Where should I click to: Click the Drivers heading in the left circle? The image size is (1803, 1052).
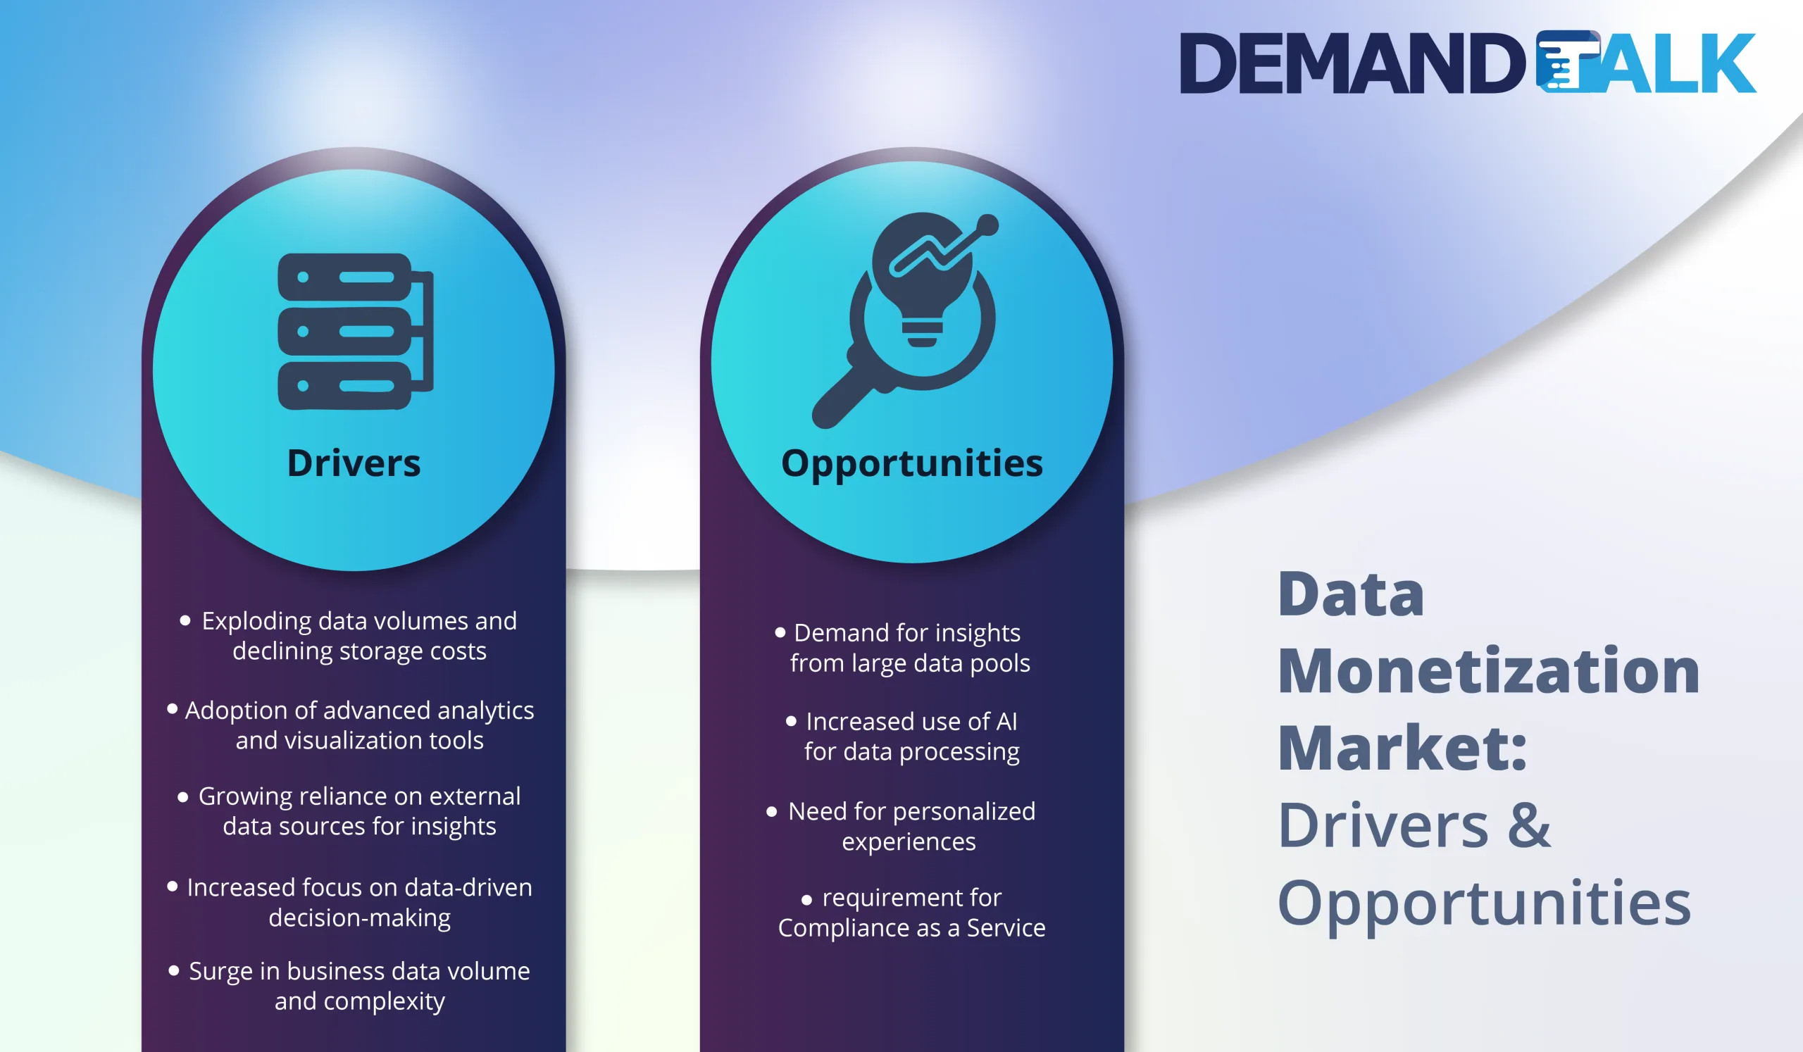coord(354,463)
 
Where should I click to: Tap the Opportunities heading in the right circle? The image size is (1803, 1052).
coord(911,463)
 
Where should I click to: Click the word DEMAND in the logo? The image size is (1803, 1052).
coord(1352,63)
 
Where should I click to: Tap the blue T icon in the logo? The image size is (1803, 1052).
coord(1567,62)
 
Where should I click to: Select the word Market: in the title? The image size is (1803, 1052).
coord(1402,748)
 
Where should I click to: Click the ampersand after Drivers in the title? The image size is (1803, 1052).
coord(1529,825)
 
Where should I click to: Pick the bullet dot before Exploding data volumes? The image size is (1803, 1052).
coord(185,621)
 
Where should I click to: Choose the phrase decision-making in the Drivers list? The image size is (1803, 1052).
coord(359,918)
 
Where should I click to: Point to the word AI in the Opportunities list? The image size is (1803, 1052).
coord(1006,722)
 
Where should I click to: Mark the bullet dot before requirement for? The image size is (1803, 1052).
coord(806,900)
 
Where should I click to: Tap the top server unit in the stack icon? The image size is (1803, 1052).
coord(345,277)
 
